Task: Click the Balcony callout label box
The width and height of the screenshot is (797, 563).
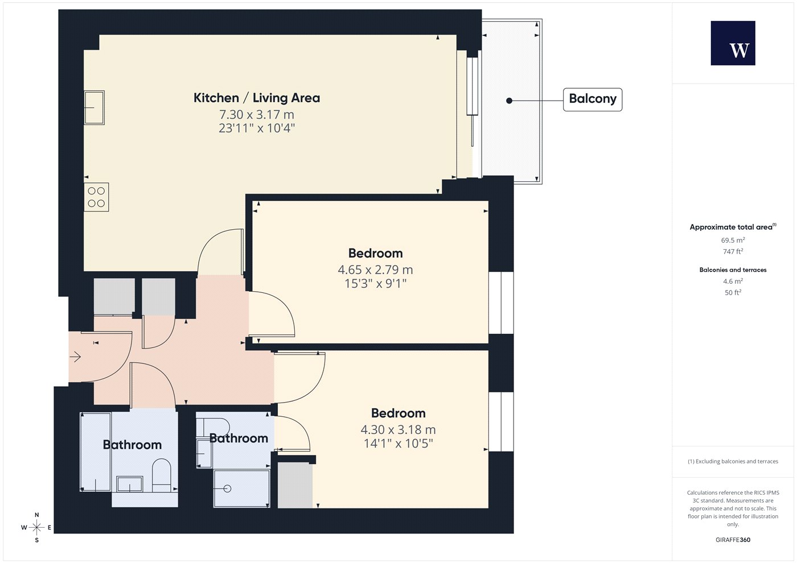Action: [x=593, y=100]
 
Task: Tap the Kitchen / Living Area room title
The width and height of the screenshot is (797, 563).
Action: [x=257, y=98]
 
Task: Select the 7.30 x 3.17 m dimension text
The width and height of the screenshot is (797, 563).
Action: [x=257, y=114]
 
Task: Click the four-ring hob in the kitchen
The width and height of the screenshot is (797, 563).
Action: [x=96, y=197]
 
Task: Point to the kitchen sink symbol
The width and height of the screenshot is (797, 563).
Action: [x=95, y=107]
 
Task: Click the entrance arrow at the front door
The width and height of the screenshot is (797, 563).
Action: [x=75, y=357]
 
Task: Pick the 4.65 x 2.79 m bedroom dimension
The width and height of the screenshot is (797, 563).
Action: [x=375, y=270]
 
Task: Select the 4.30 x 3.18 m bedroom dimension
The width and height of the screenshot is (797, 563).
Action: [x=398, y=430]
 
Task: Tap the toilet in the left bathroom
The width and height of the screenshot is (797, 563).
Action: [x=162, y=475]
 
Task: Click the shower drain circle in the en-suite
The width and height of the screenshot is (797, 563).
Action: [x=227, y=489]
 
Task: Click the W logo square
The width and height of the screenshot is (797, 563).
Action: [x=733, y=43]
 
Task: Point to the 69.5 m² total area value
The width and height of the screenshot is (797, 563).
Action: [x=733, y=240]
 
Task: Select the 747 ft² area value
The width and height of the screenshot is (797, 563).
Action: [x=733, y=251]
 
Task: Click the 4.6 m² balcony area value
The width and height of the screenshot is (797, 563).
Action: [x=733, y=281]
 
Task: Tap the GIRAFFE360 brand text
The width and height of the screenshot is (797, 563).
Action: [x=733, y=540]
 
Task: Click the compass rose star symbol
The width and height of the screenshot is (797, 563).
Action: [x=36, y=528]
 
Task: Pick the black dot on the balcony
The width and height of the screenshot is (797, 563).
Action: [x=509, y=101]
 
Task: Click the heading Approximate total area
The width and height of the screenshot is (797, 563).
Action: [x=731, y=227]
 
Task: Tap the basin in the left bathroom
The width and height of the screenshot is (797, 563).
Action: [x=130, y=484]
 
